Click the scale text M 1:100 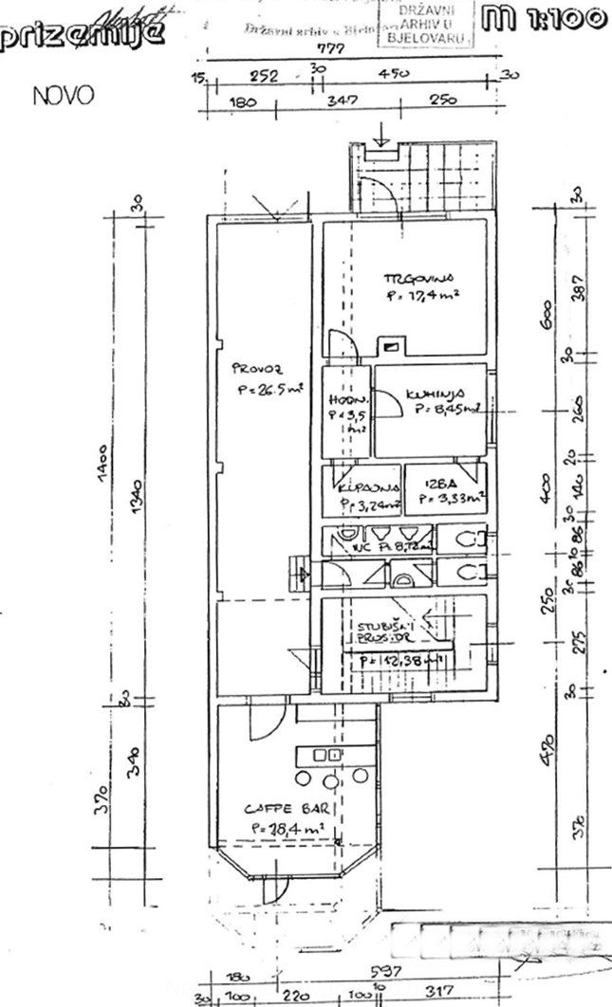pyautogui.click(x=544, y=18)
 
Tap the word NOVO pyautogui.click(x=63, y=97)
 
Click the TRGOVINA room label pyautogui.click(x=419, y=279)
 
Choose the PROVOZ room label pyautogui.click(x=257, y=369)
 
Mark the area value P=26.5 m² pyautogui.click(x=269, y=388)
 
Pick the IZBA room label pyautogui.click(x=426, y=482)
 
